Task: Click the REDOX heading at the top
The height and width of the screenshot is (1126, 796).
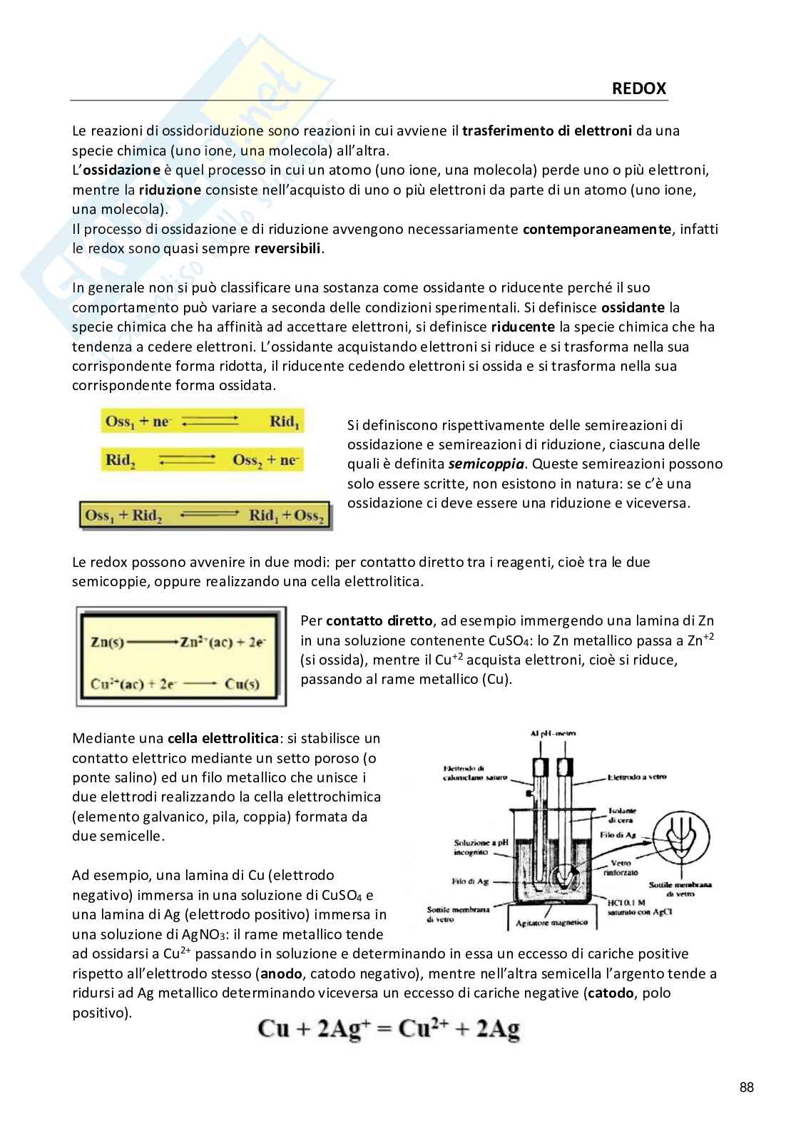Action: [638, 88]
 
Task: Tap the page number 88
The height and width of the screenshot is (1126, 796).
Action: [746, 1087]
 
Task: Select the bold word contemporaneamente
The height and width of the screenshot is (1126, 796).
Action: [597, 230]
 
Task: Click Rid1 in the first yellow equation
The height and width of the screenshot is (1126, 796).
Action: [285, 421]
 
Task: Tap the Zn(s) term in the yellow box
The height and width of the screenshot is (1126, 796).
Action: [108, 642]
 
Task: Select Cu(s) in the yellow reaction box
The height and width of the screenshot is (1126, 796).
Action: [243, 684]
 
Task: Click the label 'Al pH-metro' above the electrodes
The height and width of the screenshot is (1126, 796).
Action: [553, 733]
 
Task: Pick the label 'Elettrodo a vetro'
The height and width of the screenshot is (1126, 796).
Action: [637, 777]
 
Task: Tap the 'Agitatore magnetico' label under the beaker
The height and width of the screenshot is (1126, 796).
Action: [552, 923]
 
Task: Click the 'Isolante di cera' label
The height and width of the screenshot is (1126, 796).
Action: [622, 815]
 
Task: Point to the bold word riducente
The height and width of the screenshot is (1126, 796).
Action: [522, 327]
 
